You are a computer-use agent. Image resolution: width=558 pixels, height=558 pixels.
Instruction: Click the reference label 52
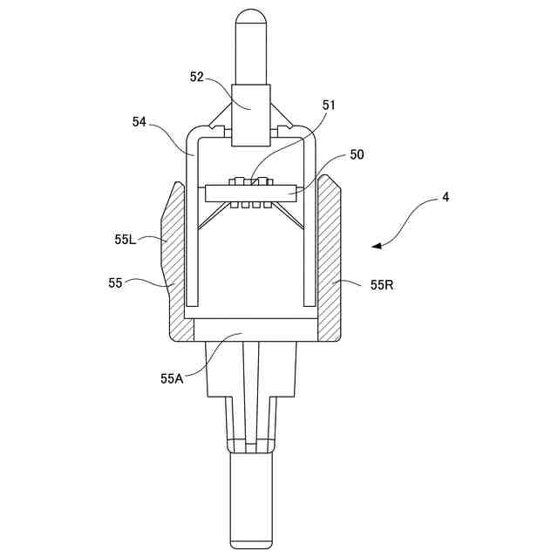click(x=197, y=77)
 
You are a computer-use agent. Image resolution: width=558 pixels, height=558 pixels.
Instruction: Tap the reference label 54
click(x=139, y=122)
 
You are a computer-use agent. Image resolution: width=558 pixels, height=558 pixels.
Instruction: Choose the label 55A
click(x=171, y=378)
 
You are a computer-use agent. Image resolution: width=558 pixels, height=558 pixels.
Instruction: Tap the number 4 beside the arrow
click(x=446, y=198)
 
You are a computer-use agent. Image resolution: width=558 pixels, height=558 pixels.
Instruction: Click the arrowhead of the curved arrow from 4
click(x=376, y=246)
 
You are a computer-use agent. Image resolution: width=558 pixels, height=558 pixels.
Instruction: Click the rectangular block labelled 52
click(x=251, y=113)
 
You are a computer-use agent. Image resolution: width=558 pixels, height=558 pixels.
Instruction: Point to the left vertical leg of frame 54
click(x=194, y=227)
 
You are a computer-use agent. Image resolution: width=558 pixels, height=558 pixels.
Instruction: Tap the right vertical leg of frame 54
click(x=308, y=227)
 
